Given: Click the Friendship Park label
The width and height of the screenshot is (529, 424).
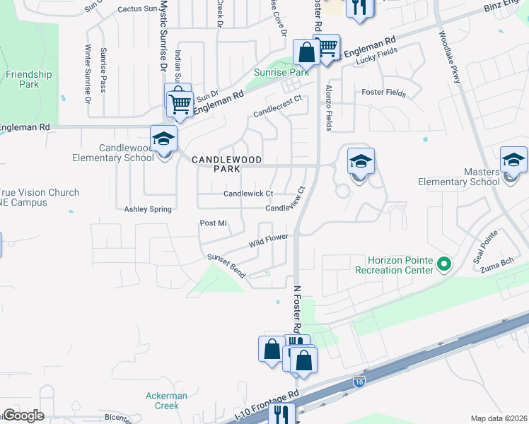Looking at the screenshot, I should click(29, 79).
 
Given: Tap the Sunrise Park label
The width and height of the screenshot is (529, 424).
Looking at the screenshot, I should click(282, 73).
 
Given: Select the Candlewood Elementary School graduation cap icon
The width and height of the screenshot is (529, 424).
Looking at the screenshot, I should click(163, 139).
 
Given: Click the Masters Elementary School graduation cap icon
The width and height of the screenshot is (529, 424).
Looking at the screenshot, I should click(513, 160).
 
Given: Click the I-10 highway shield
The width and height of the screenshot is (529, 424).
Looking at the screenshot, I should click(359, 382).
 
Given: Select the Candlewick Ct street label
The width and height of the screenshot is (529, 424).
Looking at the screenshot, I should click(248, 194).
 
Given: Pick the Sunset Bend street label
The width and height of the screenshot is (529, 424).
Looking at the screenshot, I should click(226, 266).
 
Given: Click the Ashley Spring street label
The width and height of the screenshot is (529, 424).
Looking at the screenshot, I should click(149, 209).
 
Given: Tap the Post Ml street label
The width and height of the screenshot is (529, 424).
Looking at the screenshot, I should click(213, 223).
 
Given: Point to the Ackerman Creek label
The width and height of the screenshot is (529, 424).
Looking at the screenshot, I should click(166, 401).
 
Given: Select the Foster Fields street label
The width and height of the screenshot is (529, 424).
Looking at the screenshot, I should click(383, 93).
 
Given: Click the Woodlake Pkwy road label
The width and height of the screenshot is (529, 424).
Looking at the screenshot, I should click(449, 57).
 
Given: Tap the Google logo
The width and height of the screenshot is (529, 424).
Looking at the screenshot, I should click(23, 416).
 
